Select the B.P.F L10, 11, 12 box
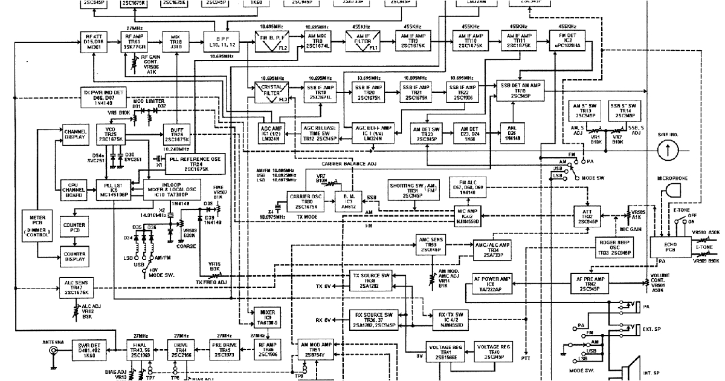point(217,40)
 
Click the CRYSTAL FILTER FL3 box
point(269,94)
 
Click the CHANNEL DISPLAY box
point(76,135)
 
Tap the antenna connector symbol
point(53,351)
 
